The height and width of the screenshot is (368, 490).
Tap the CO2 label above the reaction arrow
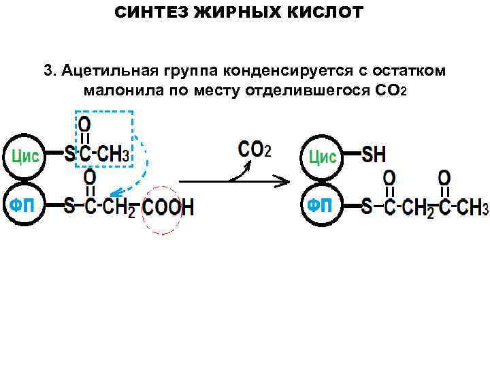[x=254, y=149]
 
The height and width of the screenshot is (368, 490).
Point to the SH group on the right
[x=374, y=155]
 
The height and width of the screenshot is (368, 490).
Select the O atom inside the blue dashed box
[x=85, y=124]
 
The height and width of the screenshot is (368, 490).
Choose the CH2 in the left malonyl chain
[x=120, y=208]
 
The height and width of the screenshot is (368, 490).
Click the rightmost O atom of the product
[x=444, y=178]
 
